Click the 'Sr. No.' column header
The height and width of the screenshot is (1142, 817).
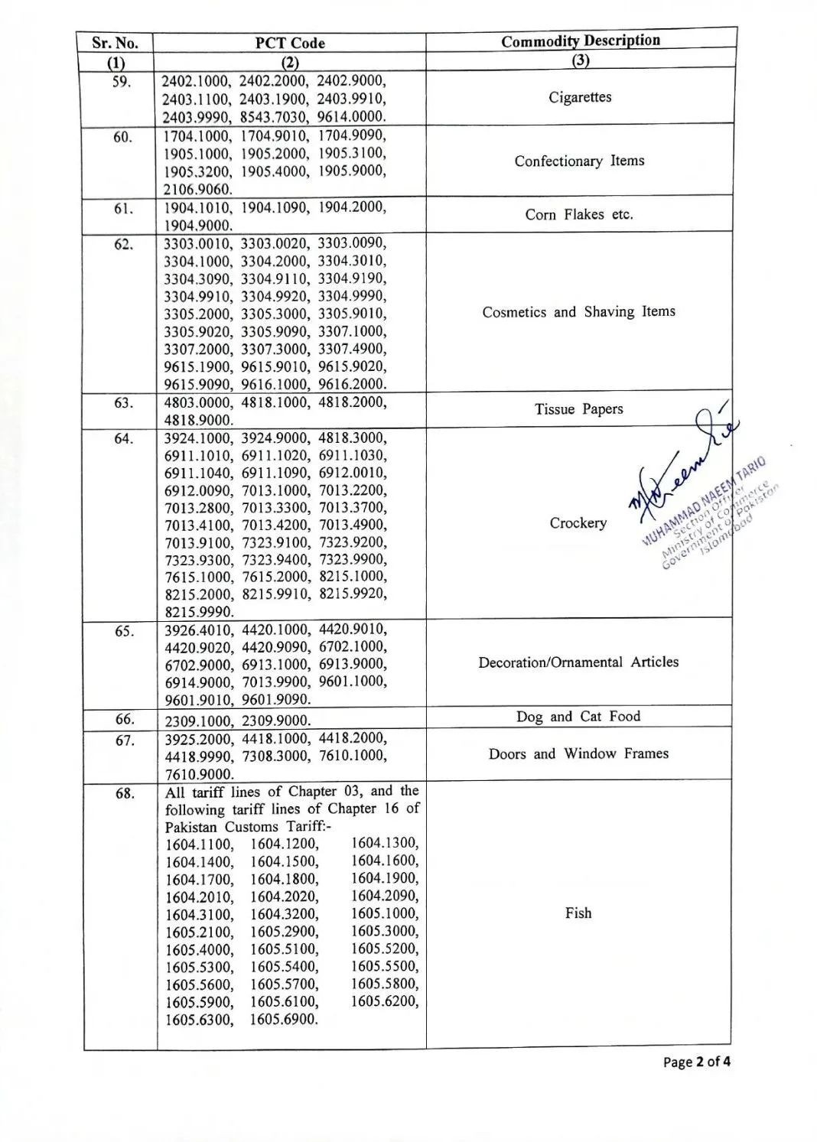point(115,44)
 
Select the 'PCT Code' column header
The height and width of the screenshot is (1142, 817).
point(290,44)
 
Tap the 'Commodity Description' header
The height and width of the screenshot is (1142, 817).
point(581,41)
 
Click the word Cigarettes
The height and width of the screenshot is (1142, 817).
point(580,98)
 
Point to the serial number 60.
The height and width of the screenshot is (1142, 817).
point(122,138)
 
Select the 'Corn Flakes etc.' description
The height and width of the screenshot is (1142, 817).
point(579,215)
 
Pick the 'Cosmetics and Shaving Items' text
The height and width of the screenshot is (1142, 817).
point(578,312)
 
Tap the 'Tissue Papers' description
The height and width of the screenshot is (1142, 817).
point(578,409)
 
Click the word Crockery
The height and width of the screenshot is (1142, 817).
point(578,523)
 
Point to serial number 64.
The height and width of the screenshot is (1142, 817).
point(122,439)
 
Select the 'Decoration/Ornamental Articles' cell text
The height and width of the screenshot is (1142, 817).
point(578,662)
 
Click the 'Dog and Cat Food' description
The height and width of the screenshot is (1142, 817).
point(578,717)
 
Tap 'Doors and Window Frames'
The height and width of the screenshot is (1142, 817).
point(578,754)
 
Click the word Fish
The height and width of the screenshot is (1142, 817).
point(578,913)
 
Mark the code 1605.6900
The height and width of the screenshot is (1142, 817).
point(284,1020)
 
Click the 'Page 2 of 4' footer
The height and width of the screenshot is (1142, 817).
point(696,1062)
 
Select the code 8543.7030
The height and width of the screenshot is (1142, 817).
point(274,117)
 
